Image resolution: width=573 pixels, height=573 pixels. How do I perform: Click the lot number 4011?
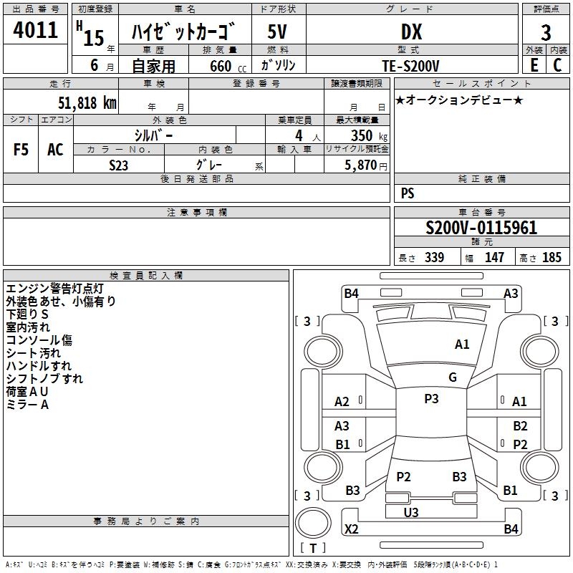[x=36, y=30]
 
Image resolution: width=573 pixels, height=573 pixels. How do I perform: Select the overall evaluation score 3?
[x=546, y=33]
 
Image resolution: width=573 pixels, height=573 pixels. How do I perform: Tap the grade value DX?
[x=411, y=32]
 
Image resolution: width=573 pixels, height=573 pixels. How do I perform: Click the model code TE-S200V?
[x=411, y=65]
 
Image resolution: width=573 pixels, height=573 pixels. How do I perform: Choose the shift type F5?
[x=21, y=150]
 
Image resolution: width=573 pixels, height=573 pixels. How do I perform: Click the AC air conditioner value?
[x=55, y=150]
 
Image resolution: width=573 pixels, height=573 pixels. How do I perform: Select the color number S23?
[x=119, y=165]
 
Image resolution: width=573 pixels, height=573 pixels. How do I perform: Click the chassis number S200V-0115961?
[x=481, y=228]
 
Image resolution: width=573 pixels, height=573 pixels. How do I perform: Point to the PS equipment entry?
[x=408, y=193]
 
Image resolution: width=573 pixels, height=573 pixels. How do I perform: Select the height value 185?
[x=552, y=258]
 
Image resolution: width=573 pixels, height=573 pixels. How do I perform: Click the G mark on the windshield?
[x=453, y=377]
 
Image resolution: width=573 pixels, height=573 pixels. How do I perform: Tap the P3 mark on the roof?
[x=431, y=399]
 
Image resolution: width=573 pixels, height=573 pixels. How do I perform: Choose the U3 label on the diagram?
[x=411, y=512]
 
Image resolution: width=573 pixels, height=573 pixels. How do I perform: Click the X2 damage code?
[x=352, y=529]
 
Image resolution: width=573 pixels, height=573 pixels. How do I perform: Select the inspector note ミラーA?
[x=27, y=405]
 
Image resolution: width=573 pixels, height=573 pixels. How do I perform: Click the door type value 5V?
[x=278, y=32]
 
